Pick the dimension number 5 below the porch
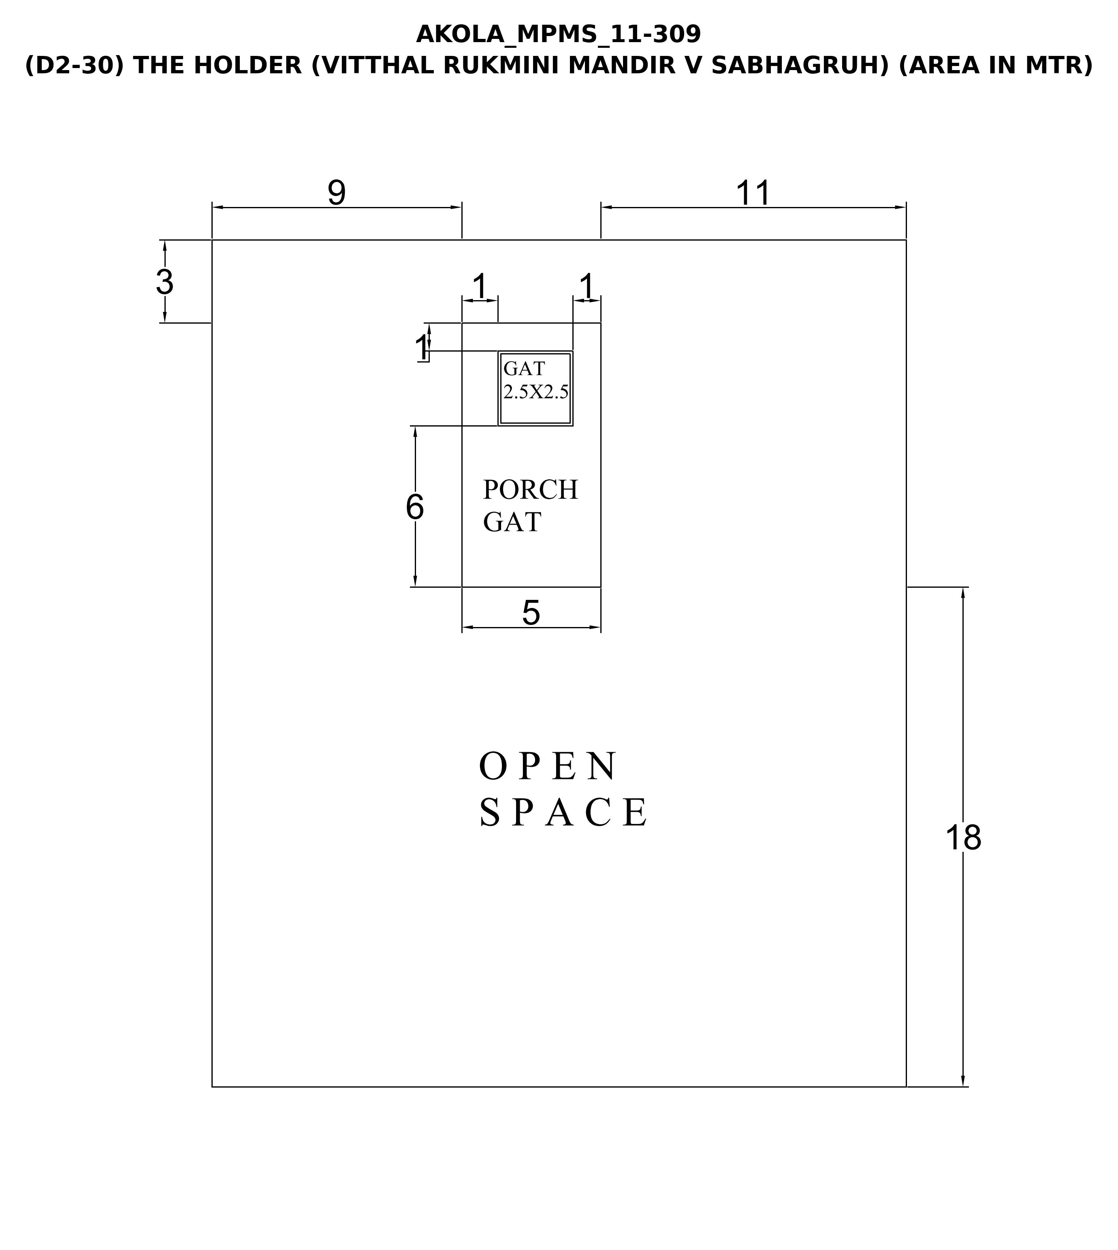coord(531,612)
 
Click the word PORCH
coord(530,490)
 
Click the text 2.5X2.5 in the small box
coord(536,392)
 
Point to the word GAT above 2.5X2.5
coord(524,369)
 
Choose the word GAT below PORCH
coord(512,522)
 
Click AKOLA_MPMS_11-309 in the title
coord(558,35)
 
